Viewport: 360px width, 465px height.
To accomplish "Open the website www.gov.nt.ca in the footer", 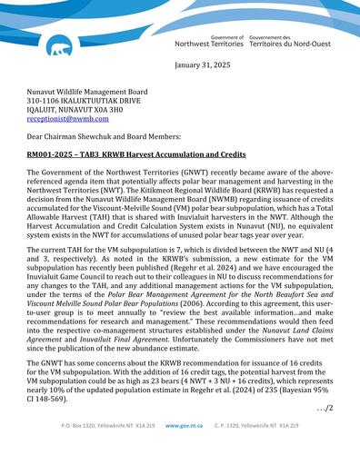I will (x=180, y=450).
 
